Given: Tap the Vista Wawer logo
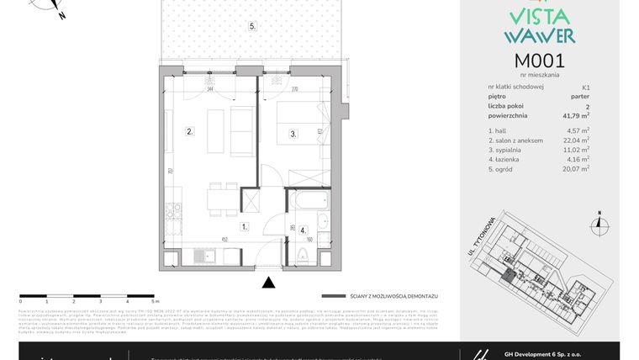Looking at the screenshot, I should point(539,25).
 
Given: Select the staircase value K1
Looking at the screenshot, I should point(584,87).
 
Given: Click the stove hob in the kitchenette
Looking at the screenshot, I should point(172,218).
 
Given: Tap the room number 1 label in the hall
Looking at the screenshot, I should point(243,226).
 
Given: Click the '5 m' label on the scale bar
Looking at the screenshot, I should point(156,300).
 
